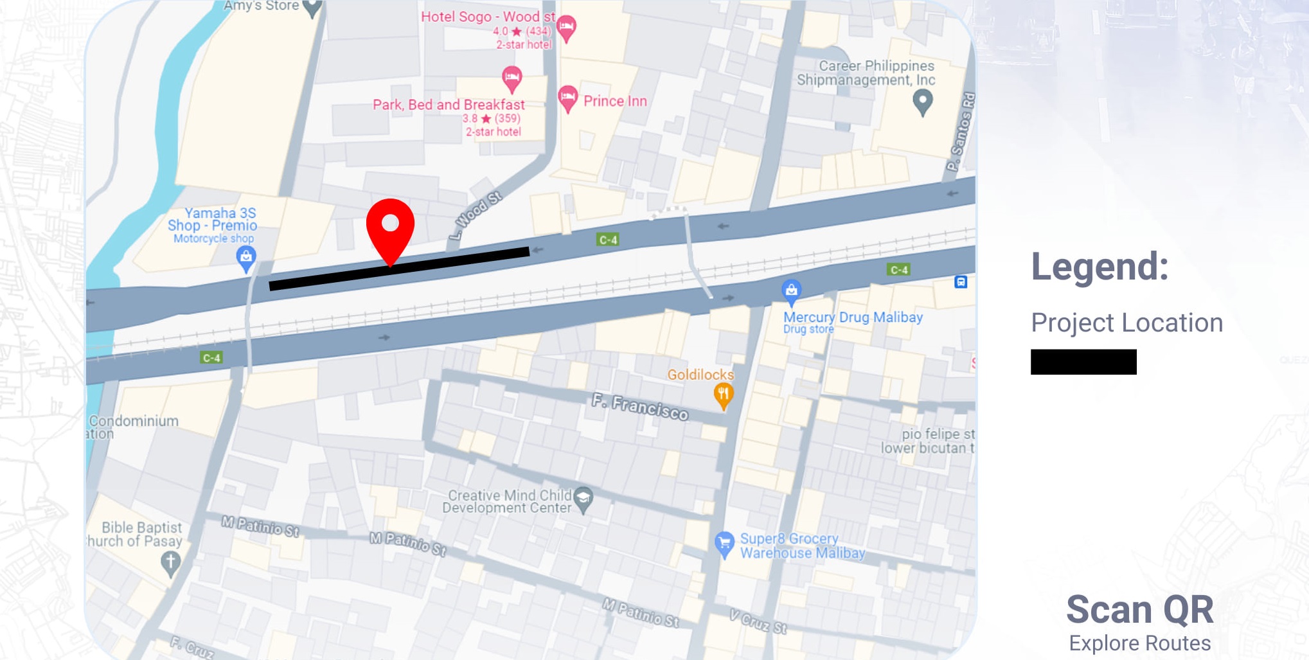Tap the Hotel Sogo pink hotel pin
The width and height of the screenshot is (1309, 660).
pyautogui.click(x=565, y=27)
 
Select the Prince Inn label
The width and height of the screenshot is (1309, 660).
pyautogui.click(x=614, y=101)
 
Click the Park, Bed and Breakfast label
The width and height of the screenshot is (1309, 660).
pyautogui.click(x=449, y=105)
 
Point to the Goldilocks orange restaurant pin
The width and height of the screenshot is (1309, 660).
pyautogui.click(x=724, y=394)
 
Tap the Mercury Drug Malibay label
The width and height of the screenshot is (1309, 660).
pyautogui.click(x=853, y=317)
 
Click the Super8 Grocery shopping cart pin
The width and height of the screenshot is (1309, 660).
pyautogui.click(x=724, y=544)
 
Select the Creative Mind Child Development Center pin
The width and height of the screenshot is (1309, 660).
pyautogui.click(x=583, y=498)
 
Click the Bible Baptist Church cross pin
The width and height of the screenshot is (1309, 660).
pyautogui.click(x=170, y=563)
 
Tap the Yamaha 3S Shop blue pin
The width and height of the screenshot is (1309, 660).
pyautogui.click(x=246, y=258)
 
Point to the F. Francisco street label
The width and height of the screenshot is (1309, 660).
pyautogui.click(x=640, y=407)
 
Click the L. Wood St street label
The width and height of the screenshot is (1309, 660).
pyautogui.click(x=476, y=215)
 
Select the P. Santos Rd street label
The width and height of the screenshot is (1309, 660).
pyautogui.click(x=961, y=132)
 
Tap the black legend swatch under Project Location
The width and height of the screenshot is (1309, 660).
pyautogui.click(x=1083, y=362)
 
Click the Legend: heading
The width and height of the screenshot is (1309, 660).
pyautogui.click(x=1100, y=267)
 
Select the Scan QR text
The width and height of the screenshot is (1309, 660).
pyautogui.click(x=1139, y=609)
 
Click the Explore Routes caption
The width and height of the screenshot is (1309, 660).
pyautogui.click(x=1139, y=643)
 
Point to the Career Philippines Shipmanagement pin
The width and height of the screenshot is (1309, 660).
pyautogui.click(x=923, y=101)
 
